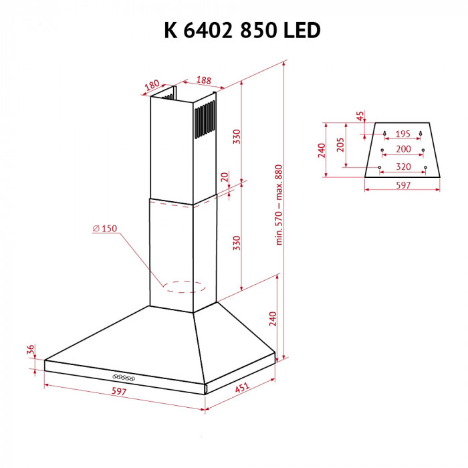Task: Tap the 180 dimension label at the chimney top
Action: click(x=152, y=85)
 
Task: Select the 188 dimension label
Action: click(x=203, y=80)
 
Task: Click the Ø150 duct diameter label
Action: click(x=106, y=229)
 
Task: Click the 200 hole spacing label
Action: click(x=403, y=148)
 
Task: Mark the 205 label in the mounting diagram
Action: click(x=340, y=145)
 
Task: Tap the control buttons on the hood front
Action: click(x=123, y=378)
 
